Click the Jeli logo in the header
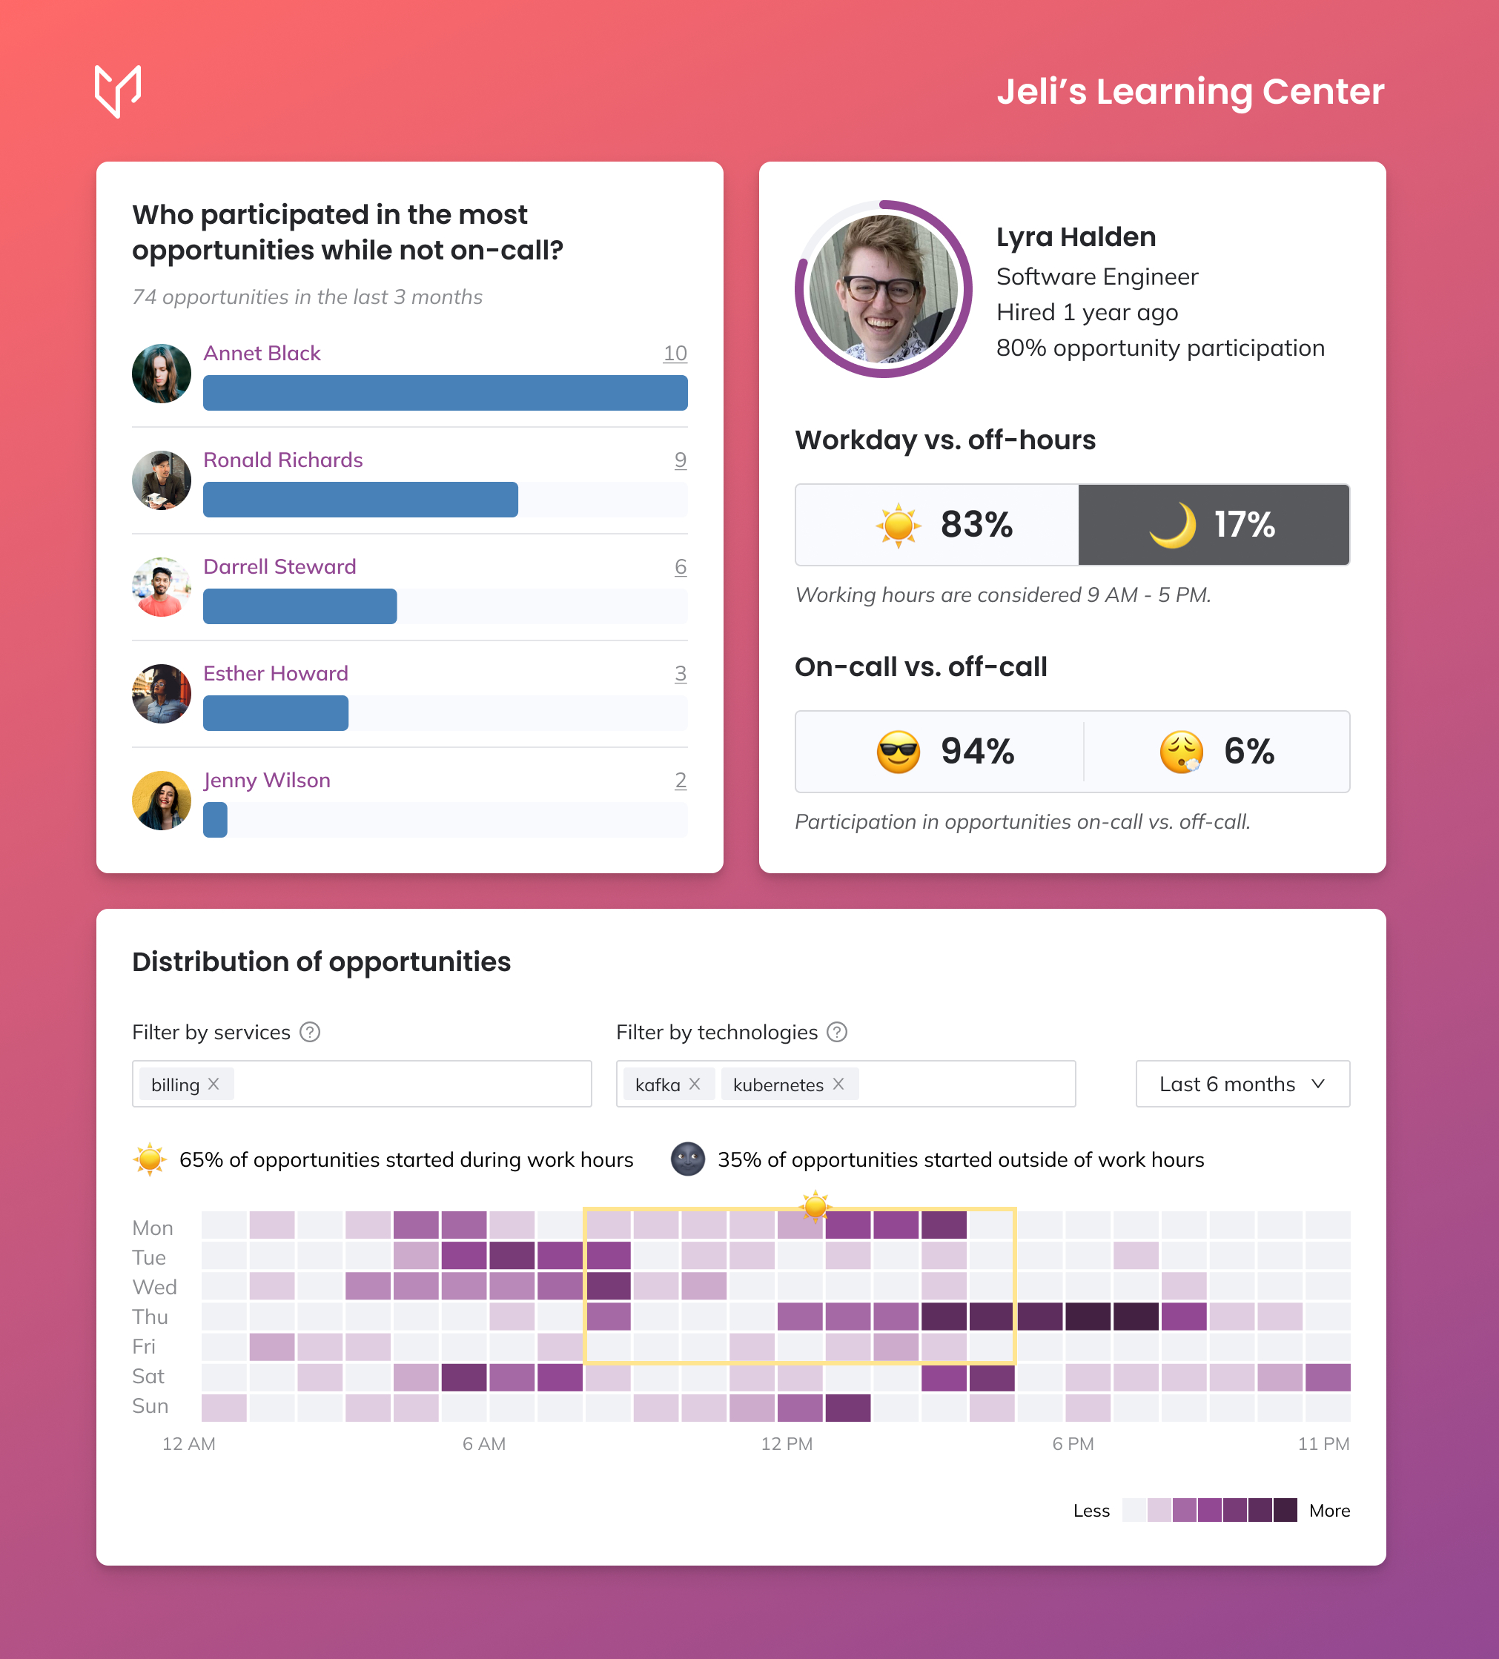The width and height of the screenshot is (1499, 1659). pyautogui.click(x=118, y=90)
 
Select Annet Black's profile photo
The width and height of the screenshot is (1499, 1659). pyautogui.click(x=162, y=374)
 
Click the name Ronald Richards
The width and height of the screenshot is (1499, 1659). pyautogui.click(x=282, y=460)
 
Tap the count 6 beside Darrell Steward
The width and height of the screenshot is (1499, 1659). pyautogui.click(x=680, y=567)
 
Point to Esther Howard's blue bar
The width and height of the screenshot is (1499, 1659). pyautogui.click(x=276, y=713)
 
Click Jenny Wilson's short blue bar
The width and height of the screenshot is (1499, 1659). pyautogui.click(x=215, y=821)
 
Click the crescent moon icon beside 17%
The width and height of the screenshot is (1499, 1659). pyautogui.click(x=1172, y=525)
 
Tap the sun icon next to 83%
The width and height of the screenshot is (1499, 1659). pyautogui.click(x=898, y=525)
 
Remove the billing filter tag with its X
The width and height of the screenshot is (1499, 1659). pyautogui.click(x=214, y=1085)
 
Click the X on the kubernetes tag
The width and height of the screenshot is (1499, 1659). pyautogui.click(x=838, y=1085)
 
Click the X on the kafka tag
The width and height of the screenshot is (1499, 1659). pyautogui.click(x=695, y=1085)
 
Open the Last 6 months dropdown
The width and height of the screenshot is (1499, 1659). pyautogui.click(x=1242, y=1085)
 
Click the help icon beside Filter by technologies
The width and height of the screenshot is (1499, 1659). pyautogui.click(x=837, y=1033)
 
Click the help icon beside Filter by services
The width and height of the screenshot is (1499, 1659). pyautogui.click(x=310, y=1033)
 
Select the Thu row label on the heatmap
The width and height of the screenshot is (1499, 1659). pyautogui.click(x=150, y=1317)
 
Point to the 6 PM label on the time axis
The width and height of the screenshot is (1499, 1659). pyautogui.click(x=1073, y=1444)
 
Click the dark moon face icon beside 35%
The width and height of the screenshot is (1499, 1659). pyautogui.click(x=688, y=1159)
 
